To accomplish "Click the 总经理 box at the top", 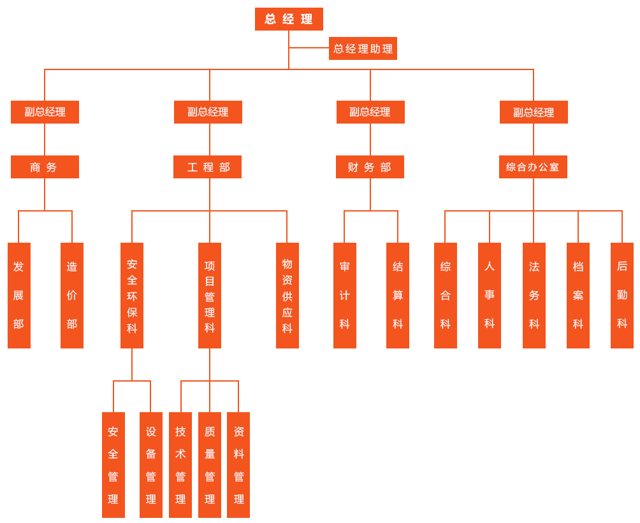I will [289, 19].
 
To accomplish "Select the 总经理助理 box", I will [363, 48].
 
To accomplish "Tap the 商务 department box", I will [45, 167].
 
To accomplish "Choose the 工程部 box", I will [207, 167].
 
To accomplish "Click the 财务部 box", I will [370, 167].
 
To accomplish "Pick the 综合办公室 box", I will [533, 167].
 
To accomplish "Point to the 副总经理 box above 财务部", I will [370, 112].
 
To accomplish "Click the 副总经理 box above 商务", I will [45, 112].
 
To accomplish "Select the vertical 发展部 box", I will [19, 296].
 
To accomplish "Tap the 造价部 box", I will [72, 296].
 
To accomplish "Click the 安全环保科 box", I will [132, 296].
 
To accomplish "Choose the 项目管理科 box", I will [210, 296].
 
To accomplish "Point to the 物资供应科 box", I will [287, 296].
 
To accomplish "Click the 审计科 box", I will [345, 296].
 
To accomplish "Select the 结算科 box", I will [398, 296].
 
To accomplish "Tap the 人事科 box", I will [490, 296].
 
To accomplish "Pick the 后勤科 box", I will [622, 296].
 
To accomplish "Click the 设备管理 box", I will [151, 465].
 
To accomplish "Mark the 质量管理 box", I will [210, 465].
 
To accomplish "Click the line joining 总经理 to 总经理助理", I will [309, 48].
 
